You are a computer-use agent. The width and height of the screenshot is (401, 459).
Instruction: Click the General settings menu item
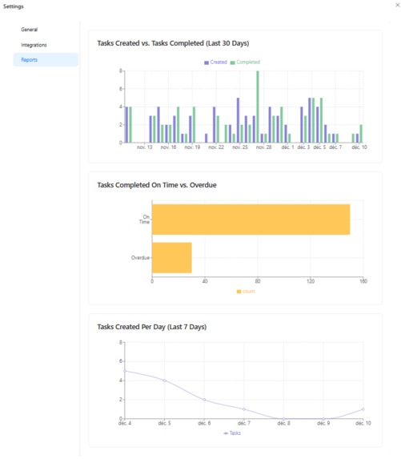point(30,30)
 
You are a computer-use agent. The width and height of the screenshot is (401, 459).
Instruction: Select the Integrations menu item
point(34,45)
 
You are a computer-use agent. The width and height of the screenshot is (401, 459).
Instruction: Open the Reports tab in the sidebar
point(29,59)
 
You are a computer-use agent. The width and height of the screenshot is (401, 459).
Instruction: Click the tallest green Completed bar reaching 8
point(257,107)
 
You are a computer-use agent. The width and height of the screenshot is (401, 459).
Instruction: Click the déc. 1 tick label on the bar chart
point(287,148)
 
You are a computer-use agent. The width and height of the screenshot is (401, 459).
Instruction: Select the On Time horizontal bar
point(251,219)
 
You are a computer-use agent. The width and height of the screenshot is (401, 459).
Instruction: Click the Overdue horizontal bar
point(172,258)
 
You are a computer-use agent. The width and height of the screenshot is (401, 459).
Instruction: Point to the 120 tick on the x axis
point(311,281)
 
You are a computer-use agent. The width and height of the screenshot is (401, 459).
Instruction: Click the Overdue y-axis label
point(140,258)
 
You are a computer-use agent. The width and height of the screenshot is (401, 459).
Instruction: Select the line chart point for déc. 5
point(165,380)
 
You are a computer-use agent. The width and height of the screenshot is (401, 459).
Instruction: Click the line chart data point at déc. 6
point(204,400)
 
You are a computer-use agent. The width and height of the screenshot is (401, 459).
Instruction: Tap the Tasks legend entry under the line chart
point(232,433)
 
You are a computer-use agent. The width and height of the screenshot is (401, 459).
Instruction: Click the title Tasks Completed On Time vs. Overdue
point(157,185)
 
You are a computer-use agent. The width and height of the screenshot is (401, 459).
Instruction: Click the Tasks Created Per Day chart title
point(151,327)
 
